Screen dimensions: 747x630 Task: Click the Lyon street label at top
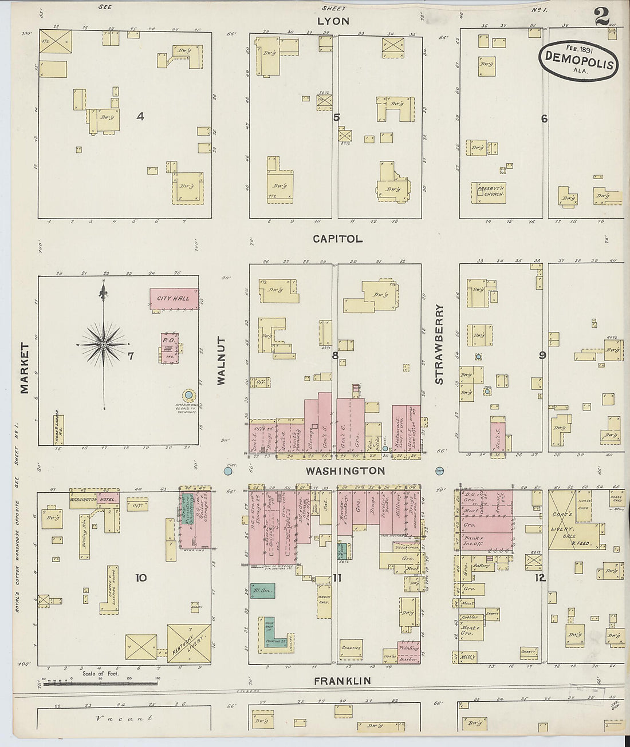tap(333, 21)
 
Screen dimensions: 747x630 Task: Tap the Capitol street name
tap(337, 239)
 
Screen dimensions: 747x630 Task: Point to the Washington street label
tap(345, 471)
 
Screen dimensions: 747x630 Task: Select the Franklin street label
tap(342, 681)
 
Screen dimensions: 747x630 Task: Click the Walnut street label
tap(222, 360)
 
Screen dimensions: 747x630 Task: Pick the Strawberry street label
tap(439, 344)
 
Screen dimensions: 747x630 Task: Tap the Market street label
tap(25, 368)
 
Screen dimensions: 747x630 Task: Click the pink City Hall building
tap(174, 299)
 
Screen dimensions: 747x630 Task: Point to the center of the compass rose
tap(104, 345)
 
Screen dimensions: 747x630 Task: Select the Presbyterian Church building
tap(489, 192)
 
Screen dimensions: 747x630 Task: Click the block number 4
tap(140, 117)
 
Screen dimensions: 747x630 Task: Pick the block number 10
tap(141, 578)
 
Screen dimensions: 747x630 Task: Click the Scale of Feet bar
tap(100, 682)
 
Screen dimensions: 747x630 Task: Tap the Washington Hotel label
tap(93, 499)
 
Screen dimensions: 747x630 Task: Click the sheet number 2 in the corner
tap(602, 16)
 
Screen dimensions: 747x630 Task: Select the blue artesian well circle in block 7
tap(188, 396)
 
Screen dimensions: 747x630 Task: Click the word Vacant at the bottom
tap(124, 718)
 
